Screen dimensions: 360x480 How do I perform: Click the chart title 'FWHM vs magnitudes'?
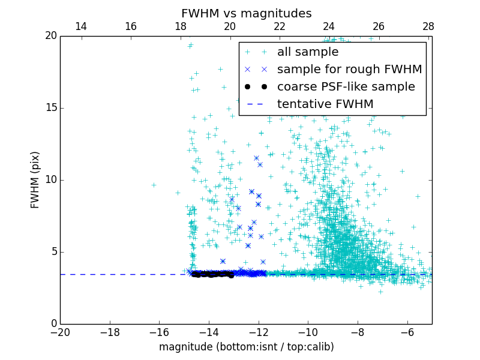[246, 13]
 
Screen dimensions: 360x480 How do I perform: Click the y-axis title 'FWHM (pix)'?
[35, 179]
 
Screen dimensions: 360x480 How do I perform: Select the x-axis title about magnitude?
[246, 347]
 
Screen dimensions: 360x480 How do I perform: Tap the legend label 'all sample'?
[308, 52]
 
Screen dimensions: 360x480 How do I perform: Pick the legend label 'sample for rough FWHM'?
[349, 70]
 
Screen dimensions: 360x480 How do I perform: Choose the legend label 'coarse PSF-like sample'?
[346, 87]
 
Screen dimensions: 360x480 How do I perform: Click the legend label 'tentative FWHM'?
[325, 104]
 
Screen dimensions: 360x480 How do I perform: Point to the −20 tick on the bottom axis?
[60, 332]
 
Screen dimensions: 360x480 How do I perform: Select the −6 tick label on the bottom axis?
[407, 332]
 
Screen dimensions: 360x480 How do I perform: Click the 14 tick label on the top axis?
[80, 26]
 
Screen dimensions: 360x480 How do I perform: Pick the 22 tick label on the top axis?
[279, 26]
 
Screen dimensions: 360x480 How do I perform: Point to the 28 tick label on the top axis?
[428, 26]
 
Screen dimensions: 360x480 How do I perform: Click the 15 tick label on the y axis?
[50, 108]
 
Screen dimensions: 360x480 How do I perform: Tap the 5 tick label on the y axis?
[53, 252]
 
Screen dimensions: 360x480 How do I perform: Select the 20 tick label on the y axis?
[50, 36]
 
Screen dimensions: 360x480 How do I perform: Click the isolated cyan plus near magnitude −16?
[153, 185]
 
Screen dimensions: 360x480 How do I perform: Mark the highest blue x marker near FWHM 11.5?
[256, 158]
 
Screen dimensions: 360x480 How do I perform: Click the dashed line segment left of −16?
[108, 274]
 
